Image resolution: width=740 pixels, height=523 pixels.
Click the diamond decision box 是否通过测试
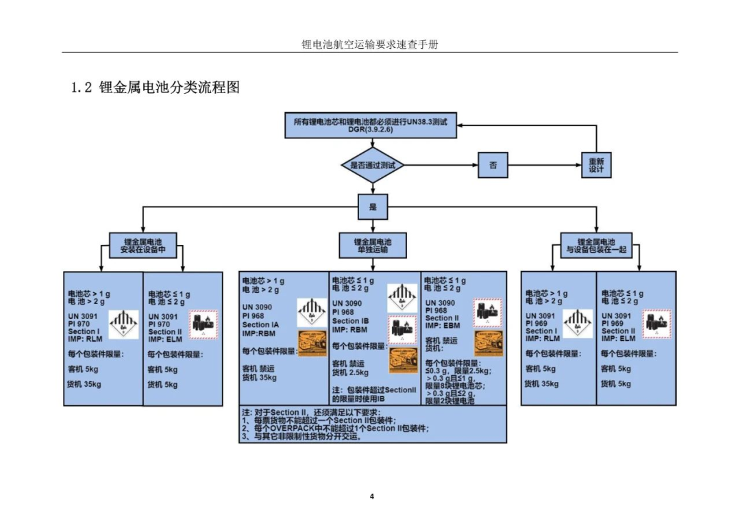tap(372, 165)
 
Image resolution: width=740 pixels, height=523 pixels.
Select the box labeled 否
tap(493, 165)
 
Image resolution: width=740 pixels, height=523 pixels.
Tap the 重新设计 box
tap(596, 165)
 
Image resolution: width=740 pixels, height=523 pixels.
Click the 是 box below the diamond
tap(372, 206)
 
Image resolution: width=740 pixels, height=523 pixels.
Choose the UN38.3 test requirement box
tap(370, 125)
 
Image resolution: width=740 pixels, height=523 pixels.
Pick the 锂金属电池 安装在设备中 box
tap(143, 246)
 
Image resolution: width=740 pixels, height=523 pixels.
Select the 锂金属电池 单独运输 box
tap(372, 246)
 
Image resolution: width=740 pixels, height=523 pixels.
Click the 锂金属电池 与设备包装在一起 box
tap(596, 246)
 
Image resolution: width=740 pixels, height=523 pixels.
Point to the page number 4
tap(371, 496)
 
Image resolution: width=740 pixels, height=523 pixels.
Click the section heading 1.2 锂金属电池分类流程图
tap(156, 88)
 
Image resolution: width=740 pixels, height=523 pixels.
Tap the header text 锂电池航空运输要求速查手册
tap(370, 44)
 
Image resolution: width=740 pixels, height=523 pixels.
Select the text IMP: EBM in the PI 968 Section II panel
tap(443, 325)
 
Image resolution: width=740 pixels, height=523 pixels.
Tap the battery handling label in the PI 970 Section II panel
tap(203, 324)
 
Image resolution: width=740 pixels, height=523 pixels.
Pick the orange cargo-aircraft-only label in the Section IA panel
tap(312, 343)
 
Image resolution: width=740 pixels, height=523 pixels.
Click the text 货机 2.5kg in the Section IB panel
tap(351, 373)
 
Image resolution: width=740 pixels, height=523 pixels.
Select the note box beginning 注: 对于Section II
tap(372, 424)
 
